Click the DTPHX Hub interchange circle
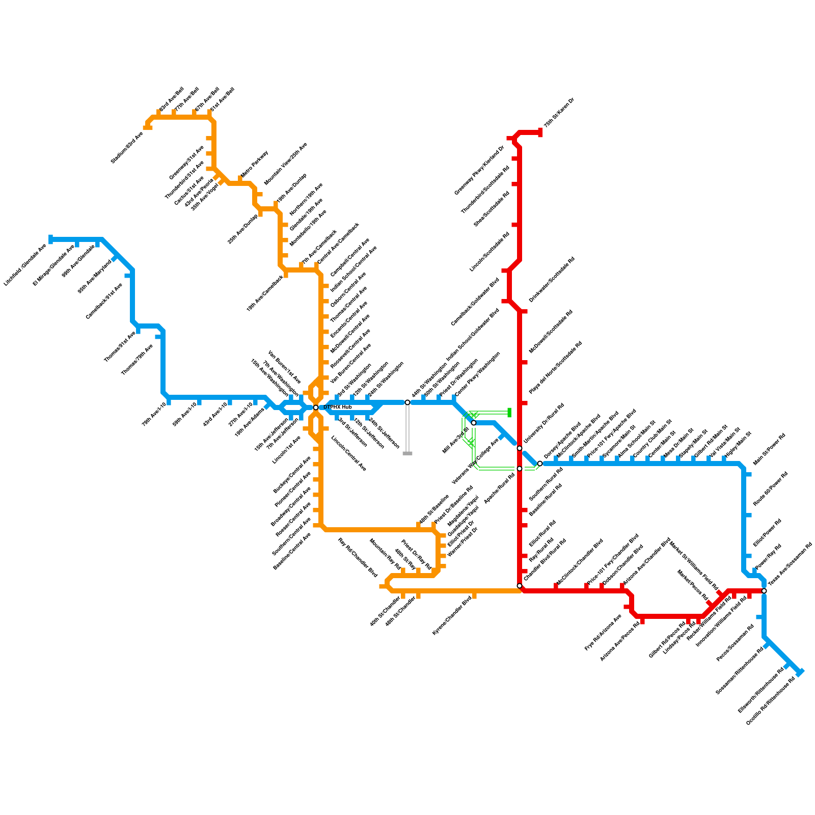point(316,407)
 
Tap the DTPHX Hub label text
point(338,407)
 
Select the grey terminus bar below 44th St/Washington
point(407,453)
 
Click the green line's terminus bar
point(509,412)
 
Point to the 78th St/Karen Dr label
point(559,112)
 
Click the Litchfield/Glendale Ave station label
point(25,265)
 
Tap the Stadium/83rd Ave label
point(127,148)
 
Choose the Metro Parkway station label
point(254,164)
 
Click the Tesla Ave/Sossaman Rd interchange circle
point(764,591)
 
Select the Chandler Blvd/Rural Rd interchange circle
point(520,586)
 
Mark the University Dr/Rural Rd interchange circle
point(520,448)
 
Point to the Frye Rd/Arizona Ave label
point(604,632)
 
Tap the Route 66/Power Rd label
point(771,488)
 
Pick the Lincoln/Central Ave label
point(349,453)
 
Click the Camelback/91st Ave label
point(104,301)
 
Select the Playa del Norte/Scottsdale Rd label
point(555,367)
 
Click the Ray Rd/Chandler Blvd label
point(358,558)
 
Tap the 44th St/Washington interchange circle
point(407,402)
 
